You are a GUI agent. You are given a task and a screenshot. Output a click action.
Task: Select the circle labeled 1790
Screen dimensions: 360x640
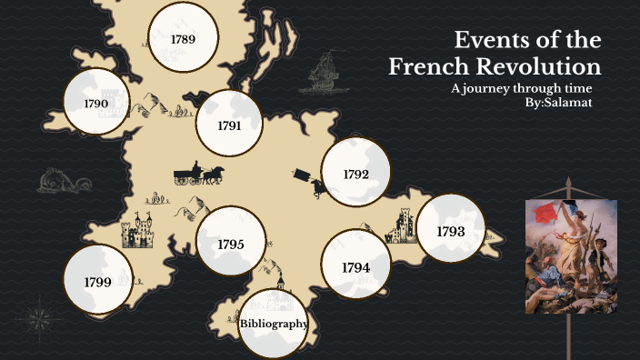pos(96,103)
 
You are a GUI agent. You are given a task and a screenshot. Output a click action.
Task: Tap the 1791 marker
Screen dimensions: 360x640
pos(229,125)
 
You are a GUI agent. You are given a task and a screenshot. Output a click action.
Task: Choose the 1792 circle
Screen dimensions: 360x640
pos(355,173)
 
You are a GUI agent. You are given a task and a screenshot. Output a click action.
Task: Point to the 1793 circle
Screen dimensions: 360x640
pos(451,231)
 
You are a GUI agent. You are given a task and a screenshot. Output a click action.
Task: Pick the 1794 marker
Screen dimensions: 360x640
pos(356,266)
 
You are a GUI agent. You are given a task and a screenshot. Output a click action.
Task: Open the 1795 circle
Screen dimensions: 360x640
pos(230,243)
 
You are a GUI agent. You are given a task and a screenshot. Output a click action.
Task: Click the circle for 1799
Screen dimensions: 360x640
pos(97,281)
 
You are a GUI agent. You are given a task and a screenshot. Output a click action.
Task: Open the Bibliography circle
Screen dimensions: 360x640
pos(274,323)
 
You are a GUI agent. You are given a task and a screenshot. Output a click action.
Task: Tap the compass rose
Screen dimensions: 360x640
pos(37,320)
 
